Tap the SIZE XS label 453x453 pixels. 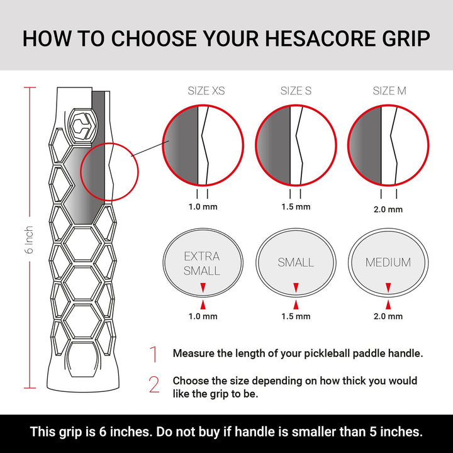206,91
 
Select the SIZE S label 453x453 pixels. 296,91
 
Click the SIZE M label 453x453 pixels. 389,91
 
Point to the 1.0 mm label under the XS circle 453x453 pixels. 202,206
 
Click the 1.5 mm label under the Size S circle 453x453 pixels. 295,206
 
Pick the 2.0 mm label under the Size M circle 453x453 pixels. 388,209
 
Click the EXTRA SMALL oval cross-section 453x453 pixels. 202,262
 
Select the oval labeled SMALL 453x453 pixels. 296,262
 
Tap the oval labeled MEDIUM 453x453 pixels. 388,262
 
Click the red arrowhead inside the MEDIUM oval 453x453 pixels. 388,288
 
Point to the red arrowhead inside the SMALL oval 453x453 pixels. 296,288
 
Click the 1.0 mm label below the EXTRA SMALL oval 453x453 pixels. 202,316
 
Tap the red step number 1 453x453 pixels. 154,354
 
